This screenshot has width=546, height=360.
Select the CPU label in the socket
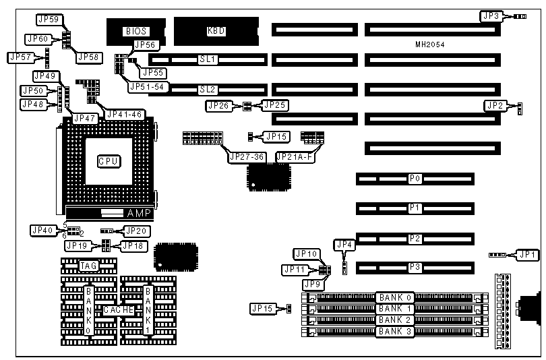(109, 161)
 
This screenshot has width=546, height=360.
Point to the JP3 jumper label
(491, 16)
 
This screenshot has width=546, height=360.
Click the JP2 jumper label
(495, 105)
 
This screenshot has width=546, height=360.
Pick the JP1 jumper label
(528, 255)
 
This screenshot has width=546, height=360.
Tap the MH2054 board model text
(430, 44)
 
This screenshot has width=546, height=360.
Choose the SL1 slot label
(207, 60)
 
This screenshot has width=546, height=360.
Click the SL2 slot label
(207, 89)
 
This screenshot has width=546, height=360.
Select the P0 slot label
(415, 179)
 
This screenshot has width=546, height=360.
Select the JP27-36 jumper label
(247, 157)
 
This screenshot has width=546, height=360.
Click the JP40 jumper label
(41, 230)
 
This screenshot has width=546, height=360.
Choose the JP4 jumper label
(344, 244)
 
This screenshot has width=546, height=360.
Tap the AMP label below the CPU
(140, 213)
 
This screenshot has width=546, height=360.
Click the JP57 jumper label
(20, 57)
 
